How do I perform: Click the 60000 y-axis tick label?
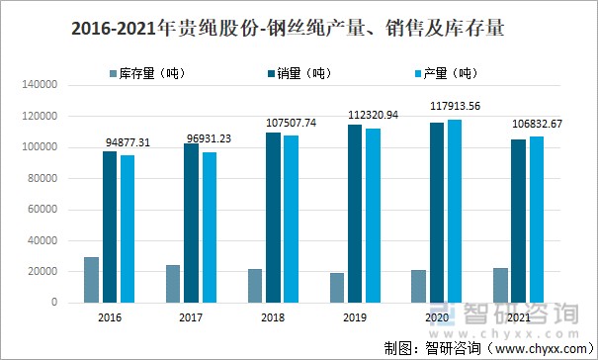tap(43, 210)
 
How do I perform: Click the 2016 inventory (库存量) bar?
tap(91, 279)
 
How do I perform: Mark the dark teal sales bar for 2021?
tap(519, 221)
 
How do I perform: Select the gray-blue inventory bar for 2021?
tap(500, 285)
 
